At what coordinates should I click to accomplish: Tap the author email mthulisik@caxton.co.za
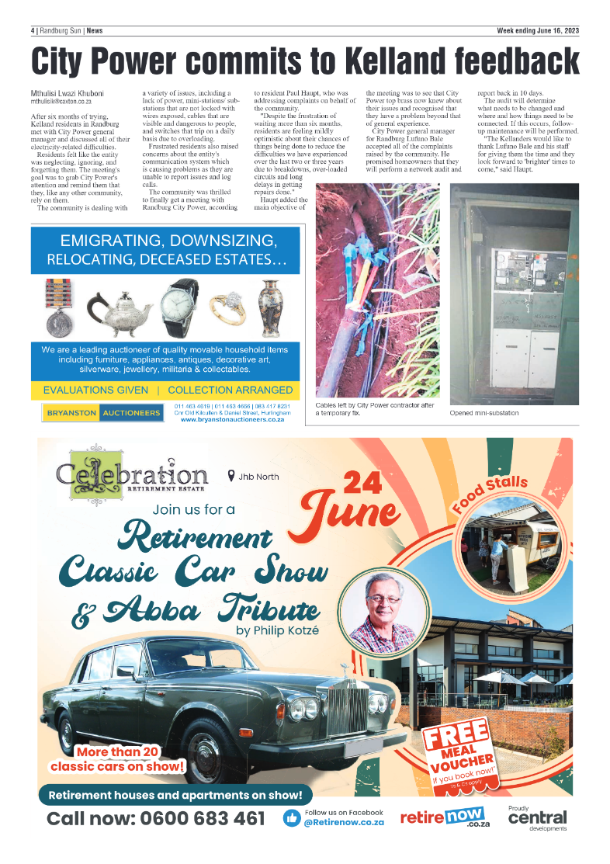(61, 102)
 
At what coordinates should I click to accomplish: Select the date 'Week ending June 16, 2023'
(538, 31)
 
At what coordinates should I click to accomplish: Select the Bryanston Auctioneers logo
(103, 413)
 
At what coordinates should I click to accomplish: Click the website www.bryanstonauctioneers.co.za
(232, 419)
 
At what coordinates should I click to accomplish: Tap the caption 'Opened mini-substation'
(484, 413)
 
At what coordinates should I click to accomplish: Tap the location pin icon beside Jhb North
(230, 476)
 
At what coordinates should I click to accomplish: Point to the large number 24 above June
(362, 483)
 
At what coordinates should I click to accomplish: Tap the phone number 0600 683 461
(156, 819)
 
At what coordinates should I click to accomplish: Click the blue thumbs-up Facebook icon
(292, 818)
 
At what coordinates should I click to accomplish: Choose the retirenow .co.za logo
(440, 818)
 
